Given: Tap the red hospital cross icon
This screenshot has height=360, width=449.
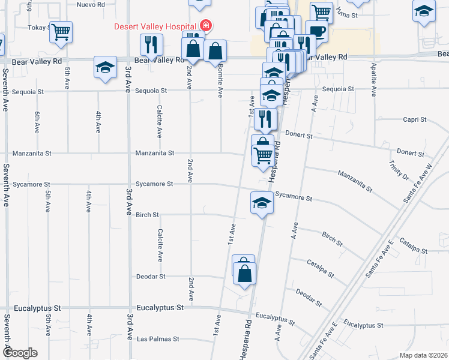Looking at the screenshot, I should pos(206,26).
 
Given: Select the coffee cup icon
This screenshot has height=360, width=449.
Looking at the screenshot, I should pos(316,31).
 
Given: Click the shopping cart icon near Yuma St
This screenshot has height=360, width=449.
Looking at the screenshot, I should pos(322,11).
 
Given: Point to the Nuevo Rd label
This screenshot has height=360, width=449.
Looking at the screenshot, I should pos(92,4).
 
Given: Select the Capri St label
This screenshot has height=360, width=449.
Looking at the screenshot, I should pos(415,119).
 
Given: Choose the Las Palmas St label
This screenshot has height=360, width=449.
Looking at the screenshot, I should pos(158,339).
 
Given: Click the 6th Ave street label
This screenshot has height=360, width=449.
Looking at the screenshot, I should pos(37,122).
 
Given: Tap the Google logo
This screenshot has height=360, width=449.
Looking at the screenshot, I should pos(20,353).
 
